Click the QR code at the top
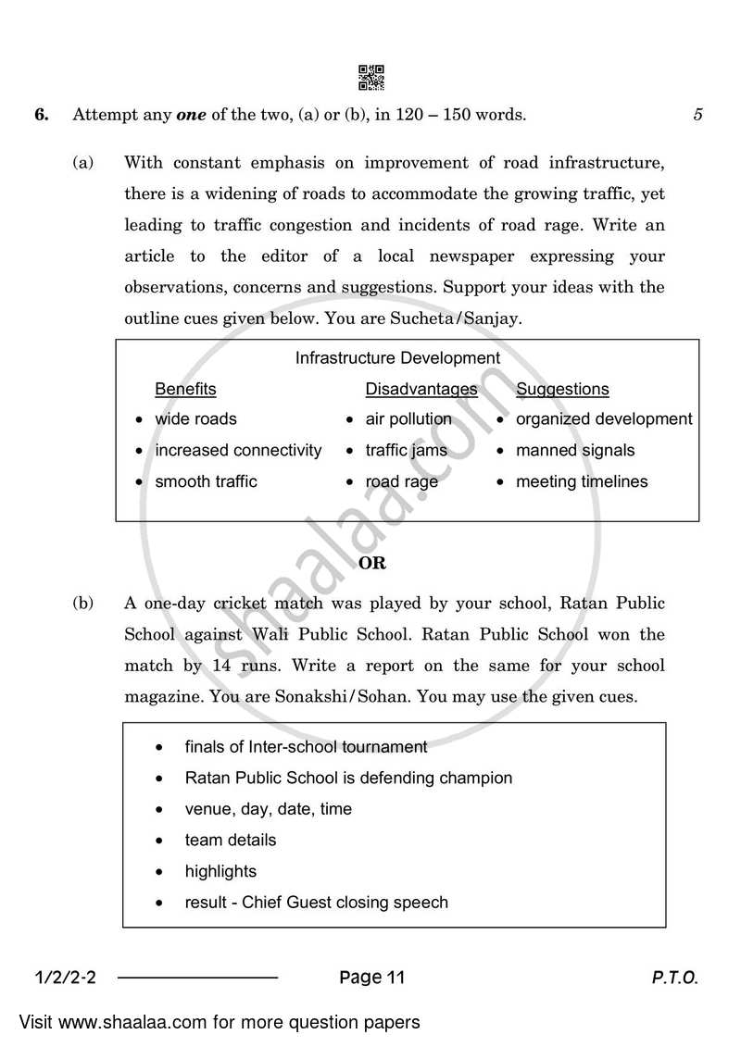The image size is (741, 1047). pos(370,78)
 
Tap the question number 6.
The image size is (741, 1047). pos(41,116)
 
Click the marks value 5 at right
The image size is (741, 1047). pos(697,116)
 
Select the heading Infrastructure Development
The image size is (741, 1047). pos(397,358)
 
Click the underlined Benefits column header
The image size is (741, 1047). pos(185,389)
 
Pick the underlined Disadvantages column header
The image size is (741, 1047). pos(421,389)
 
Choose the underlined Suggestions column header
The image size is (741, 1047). pos(562,389)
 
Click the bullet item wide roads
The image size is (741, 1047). pos(195,419)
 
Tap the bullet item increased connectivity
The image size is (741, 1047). pos(238,451)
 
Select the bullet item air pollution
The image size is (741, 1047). pos(408,419)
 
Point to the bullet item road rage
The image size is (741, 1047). pos(402,482)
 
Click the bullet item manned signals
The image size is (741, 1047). pos(575,451)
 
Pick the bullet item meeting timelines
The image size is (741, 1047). pos(582,482)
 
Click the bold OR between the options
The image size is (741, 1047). pos(371,563)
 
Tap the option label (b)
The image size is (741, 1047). pos(83,604)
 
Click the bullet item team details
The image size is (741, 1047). pos(231,841)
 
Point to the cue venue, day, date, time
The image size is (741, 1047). pos(269,809)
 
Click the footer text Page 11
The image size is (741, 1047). pos(371,978)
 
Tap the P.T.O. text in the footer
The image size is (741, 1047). pos(673,978)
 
